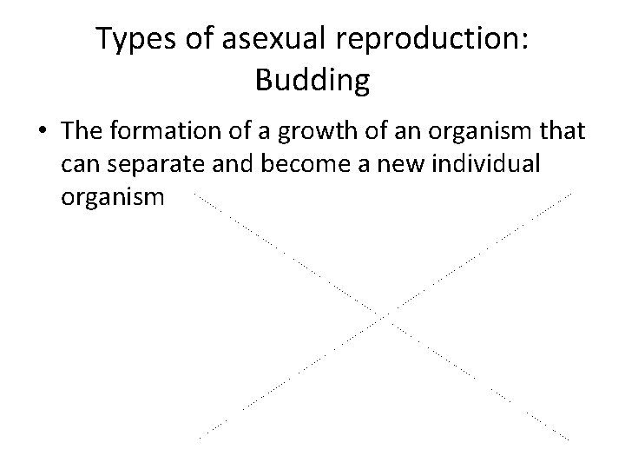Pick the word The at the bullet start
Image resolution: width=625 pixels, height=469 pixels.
pyautogui.click(x=82, y=132)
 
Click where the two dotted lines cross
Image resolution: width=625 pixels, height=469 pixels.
pyautogui.click(x=385, y=314)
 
